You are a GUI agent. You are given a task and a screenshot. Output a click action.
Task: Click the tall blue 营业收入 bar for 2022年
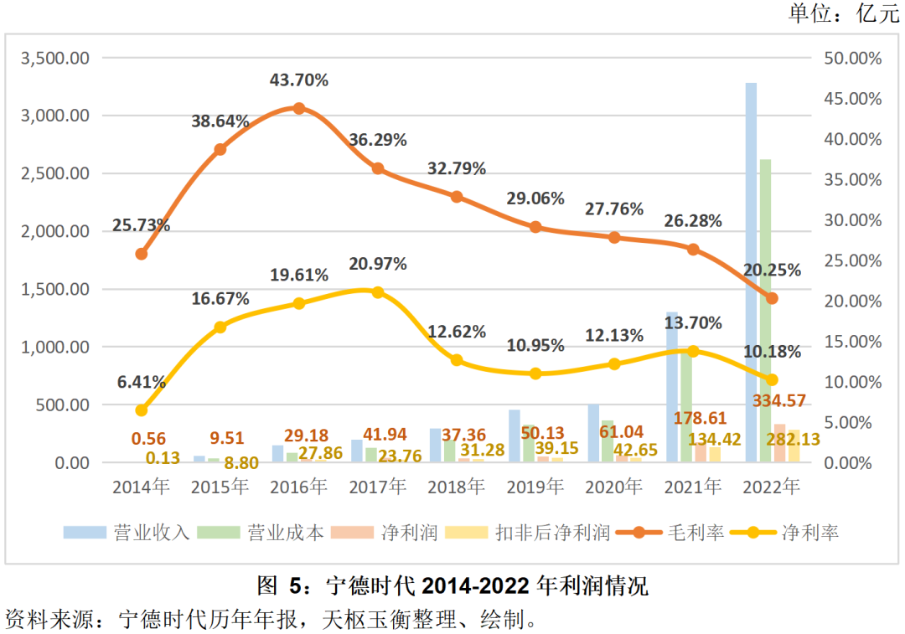(x=751, y=268)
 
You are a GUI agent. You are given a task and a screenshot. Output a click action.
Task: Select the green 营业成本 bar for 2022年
(x=765, y=310)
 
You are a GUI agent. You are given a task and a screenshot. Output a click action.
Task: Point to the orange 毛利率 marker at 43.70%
(x=298, y=108)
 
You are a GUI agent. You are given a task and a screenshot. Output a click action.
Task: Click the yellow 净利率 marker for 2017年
(x=377, y=292)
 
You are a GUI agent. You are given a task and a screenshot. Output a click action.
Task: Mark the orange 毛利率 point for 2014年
(x=142, y=254)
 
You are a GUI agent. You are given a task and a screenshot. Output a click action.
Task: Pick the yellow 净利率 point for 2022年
(x=773, y=379)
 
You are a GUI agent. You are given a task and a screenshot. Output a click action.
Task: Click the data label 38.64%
(x=220, y=121)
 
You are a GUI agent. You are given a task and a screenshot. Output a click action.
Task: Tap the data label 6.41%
(x=142, y=382)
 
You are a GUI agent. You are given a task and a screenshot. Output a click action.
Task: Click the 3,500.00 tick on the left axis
(x=54, y=59)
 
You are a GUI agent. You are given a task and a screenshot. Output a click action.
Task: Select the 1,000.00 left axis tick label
(x=54, y=347)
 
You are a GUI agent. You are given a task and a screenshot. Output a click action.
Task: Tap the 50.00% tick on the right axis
(x=851, y=59)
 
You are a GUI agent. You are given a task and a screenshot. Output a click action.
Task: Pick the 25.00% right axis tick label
(x=851, y=260)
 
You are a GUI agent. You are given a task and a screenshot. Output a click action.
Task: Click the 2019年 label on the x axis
(x=535, y=487)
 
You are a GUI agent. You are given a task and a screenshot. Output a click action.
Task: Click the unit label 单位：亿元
(x=843, y=14)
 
